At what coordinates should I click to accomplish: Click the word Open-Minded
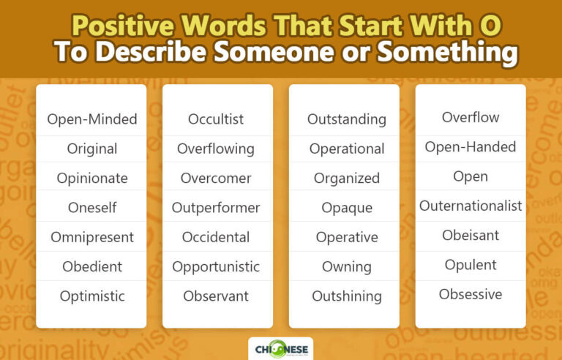coord(92,119)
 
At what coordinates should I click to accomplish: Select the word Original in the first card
coord(92,149)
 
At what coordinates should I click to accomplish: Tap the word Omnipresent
coord(92,237)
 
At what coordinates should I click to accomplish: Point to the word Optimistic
coord(92,296)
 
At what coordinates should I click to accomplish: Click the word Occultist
coord(216,119)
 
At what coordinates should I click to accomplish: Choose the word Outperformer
coord(216,208)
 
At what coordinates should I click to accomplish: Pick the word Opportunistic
coord(216,267)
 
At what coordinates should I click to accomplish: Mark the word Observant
coord(216,296)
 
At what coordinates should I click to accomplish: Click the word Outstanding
coord(347,119)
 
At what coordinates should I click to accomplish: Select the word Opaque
coord(347,208)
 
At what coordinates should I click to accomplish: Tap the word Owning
coord(347,267)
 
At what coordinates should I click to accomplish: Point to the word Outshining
coord(347,296)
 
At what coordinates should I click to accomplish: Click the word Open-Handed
coord(471,147)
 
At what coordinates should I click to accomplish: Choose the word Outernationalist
coord(471,206)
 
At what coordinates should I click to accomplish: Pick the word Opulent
coord(471,265)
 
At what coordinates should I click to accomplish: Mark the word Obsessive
coord(471,295)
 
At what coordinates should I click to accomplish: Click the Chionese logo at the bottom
coord(280,348)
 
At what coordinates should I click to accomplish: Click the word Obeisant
coord(471,236)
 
